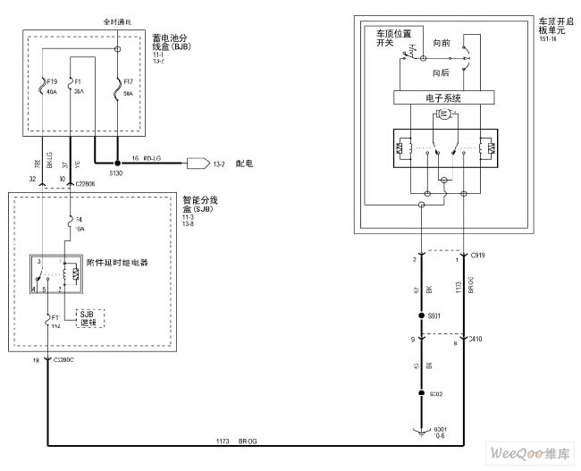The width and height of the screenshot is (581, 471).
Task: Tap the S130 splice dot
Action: pos(116,164)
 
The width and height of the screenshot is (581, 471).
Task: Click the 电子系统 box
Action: pos(444,98)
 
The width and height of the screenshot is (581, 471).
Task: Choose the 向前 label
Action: pos(441,43)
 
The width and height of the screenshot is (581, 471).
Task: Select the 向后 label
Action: pos(441,72)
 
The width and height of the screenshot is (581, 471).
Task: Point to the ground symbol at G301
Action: pos(422,433)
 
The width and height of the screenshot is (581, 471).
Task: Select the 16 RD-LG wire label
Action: pos(147,157)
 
